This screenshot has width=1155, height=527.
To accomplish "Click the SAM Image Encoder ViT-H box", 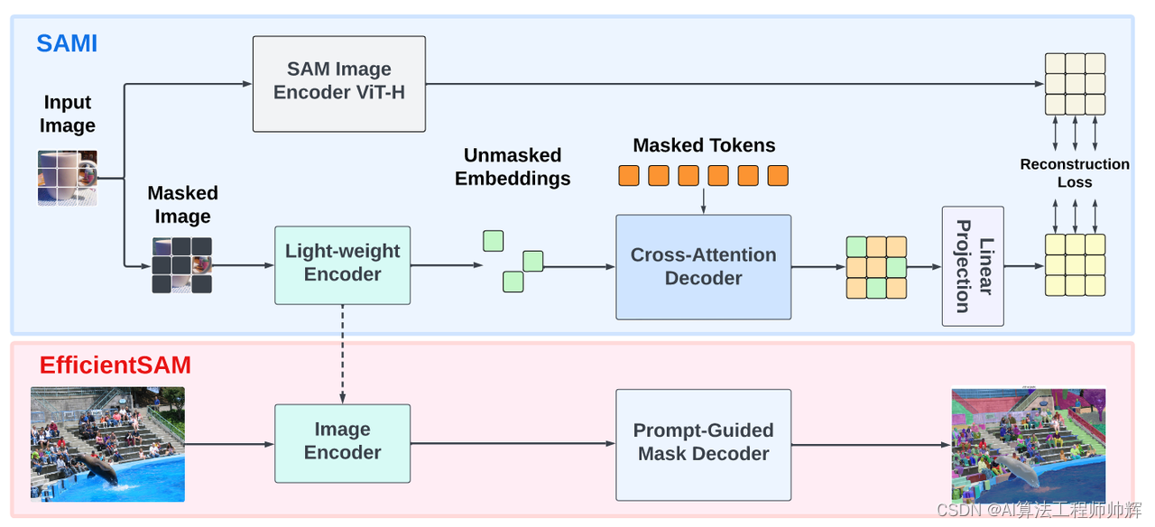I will click(x=338, y=83).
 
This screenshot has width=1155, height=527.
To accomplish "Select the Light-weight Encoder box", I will click(x=342, y=264).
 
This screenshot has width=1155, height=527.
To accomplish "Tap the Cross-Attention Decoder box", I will click(x=703, y=267).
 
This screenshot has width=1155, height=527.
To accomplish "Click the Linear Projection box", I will click(x=972, y=266).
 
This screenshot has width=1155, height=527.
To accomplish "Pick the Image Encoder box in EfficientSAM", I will click(x=342, y=442).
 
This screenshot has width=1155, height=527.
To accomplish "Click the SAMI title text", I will click(x=67, y=42).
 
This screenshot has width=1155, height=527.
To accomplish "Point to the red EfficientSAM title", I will click(x=115, y=365).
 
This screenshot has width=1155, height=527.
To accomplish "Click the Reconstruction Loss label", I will click(x=1075, y=173).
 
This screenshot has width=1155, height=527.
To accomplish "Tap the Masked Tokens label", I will click(x=704, y=145).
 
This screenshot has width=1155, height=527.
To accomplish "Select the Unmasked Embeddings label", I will click(x=513, y=167).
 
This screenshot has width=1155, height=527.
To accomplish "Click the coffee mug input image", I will click(x=68, y=178).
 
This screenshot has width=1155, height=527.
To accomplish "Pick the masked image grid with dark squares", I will click(x=182, y=265).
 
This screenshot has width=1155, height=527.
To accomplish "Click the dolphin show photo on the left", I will click(x=107, y=444).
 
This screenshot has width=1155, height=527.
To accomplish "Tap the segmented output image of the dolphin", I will click(x=1029, y=445).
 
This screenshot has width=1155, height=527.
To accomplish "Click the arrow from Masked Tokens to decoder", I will click(x=703, y=200).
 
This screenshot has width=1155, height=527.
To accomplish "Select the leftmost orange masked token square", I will click(x=629, y=176).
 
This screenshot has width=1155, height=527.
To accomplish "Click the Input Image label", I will click(x=68, y=115).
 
